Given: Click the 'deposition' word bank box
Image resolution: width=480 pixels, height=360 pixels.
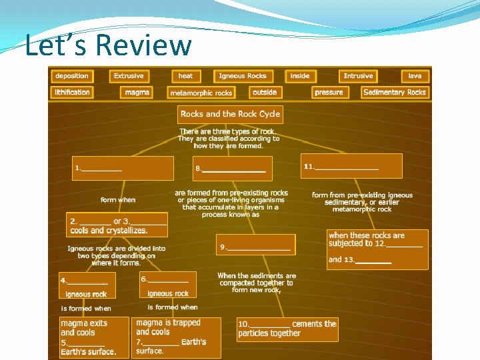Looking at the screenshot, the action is pyautogui.click(x=72, y=76).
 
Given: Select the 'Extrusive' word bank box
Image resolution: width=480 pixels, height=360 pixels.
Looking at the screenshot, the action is pyautogui.click(x=129, y=76).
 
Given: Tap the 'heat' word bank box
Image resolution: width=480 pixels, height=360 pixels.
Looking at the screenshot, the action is pyautogui.click(x=185, y=76).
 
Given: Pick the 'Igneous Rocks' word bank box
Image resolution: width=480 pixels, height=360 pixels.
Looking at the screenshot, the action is pyautogui.click(x=243, y=76).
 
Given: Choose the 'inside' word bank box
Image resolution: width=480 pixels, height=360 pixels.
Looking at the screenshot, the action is pyautogui.click(x=300, y=76).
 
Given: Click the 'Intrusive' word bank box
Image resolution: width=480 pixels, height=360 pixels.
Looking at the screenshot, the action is pyautogui.click(x=358, y=76).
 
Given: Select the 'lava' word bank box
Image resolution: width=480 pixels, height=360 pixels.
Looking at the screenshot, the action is pyautogui.click(x=415, y=76).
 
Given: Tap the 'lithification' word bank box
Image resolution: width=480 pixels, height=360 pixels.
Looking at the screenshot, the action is pyautogui.click(x=72, y=92).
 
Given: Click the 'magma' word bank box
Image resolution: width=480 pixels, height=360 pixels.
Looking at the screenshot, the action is pyautogui.click(x=137, y=92).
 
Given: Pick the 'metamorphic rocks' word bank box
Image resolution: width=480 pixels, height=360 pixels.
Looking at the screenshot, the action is pyautogui.click(x=201, y=93).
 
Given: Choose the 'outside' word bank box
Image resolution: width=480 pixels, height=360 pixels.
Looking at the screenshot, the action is pyautogui.click(x=265, y=92).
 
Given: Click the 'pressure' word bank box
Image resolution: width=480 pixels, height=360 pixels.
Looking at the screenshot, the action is pyautogui.click(x=329, y=92).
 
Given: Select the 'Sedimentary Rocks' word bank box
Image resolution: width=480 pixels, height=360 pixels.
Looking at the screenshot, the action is pyautogui.click(x=395, y=92).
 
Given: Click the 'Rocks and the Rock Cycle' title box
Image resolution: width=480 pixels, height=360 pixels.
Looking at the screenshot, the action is pyautogui.click(x=230, y=114).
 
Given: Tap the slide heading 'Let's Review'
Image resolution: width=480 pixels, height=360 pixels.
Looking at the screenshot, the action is pyautogui.click(x=108, y=45).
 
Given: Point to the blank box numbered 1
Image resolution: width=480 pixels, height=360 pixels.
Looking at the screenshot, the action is pyautogui.click(x=123, y=168).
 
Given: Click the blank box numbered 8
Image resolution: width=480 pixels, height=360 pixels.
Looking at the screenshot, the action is pyautogui.click(x=233, y=169).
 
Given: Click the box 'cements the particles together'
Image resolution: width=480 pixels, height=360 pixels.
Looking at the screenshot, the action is pyautogui.click(x=287, y=329).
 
